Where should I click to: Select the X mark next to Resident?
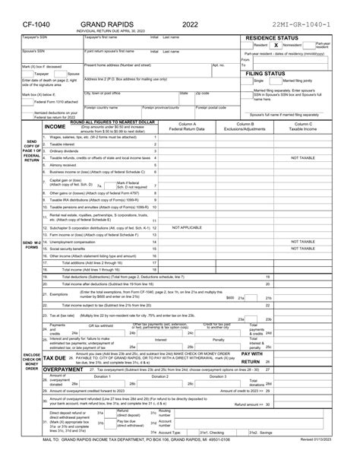point(276,46)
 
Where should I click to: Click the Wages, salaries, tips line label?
point(89,137)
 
